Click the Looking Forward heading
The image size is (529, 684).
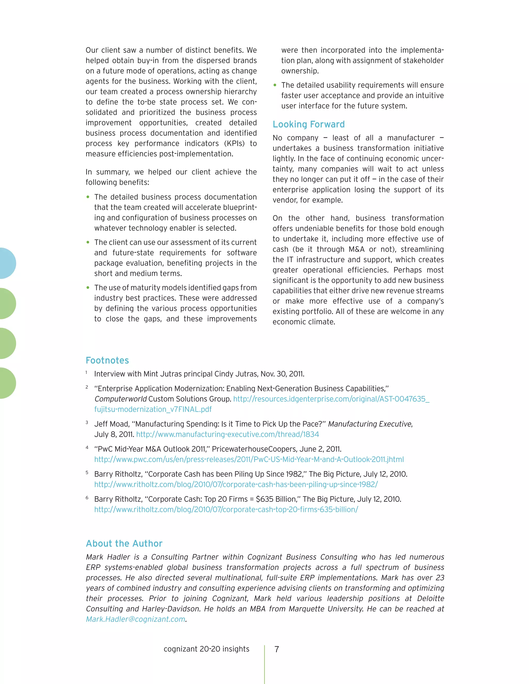[308, 125]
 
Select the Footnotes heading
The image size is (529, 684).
[107, 361]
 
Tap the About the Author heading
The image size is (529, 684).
[124, 543]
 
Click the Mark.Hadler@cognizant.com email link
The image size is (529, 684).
[136, 619]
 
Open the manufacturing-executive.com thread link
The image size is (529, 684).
[228, 434]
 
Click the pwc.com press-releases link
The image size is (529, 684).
[249, 459]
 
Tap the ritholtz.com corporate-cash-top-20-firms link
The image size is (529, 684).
[226, 510]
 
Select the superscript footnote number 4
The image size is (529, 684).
[87, 448]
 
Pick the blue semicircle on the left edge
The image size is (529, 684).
[7, 263]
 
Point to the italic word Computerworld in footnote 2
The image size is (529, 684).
[120, 399]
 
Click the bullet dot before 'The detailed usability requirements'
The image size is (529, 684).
[275, 85]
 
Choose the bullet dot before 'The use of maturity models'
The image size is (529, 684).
[88, 288]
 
